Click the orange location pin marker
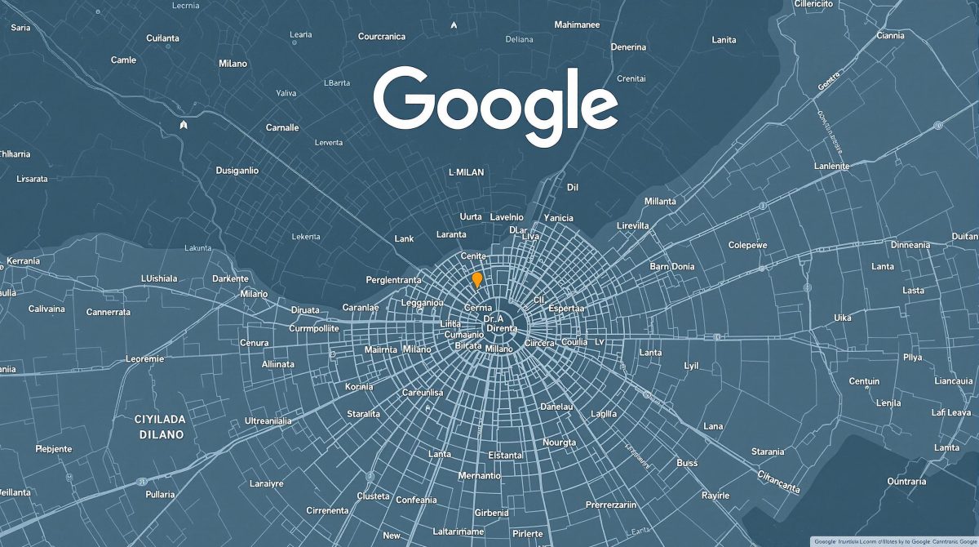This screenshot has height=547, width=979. click(477, 279)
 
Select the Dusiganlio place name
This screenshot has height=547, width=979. click(237, 171)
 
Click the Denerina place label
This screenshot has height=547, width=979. click(629, 47)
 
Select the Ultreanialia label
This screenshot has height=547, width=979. click(280, 420)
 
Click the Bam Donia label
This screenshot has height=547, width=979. click(672, 266)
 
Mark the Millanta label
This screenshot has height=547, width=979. click(660, 201)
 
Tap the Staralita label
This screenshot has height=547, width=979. click(363, 414)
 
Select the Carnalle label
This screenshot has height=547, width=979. click(282, 127)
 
